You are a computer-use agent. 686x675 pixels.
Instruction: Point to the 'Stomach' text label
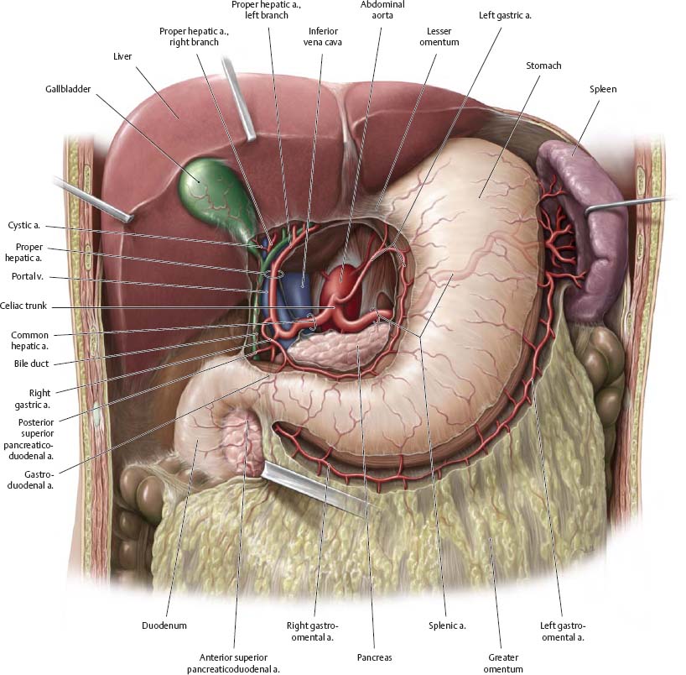coord(543,65)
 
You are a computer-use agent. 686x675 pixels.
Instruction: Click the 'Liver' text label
coord(124,57)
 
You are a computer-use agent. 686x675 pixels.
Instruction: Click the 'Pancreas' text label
coord(373,657)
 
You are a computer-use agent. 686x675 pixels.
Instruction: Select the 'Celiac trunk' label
coord(24,306)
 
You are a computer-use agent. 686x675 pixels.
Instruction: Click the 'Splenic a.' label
coord(445,625)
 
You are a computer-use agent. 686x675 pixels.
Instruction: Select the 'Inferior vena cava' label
coord(323,36)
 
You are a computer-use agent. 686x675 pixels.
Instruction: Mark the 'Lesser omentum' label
coord(437,36)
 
